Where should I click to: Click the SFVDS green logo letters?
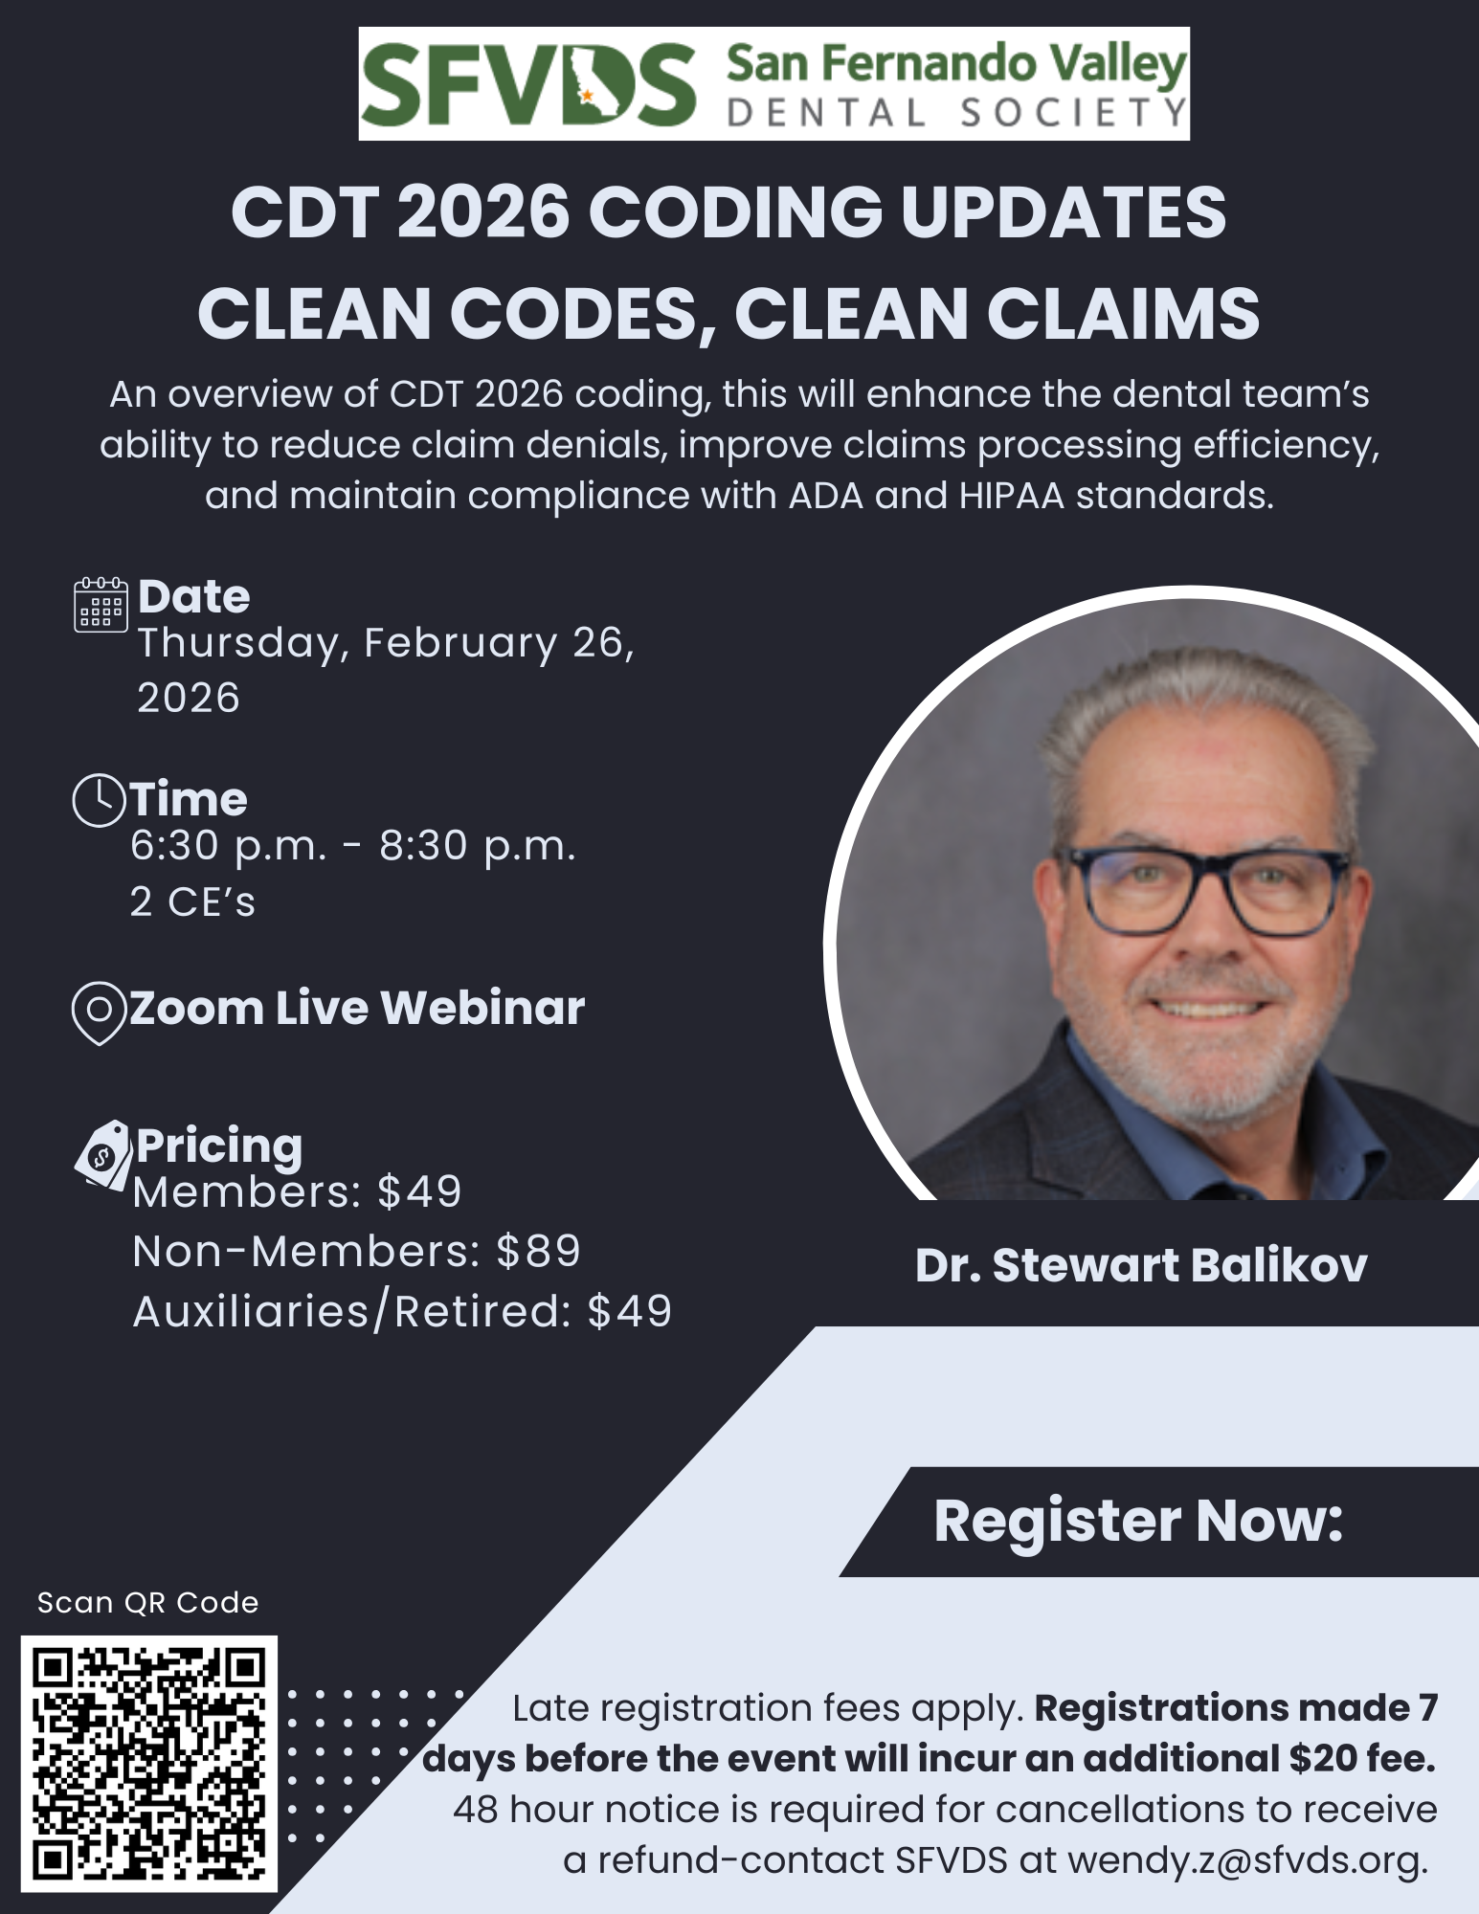coord(529,84)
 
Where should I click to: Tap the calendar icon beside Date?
coord(101,604)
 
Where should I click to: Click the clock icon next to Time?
coord(100,800)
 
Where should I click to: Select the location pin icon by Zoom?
coord(100,1013)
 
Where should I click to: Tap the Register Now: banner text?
coord(1138,1521)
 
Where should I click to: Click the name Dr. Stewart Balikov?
coord(1141,1265)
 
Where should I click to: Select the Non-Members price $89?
coord(538,1251)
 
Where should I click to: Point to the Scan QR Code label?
coord(148,1603)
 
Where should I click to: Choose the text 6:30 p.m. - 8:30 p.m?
coord(353,846)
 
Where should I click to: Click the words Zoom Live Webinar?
coord(357,1008)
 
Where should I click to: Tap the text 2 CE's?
coord(193,901)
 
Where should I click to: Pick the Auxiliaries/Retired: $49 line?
coord(402,1311)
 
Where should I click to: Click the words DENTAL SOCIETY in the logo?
coord(956,113)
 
